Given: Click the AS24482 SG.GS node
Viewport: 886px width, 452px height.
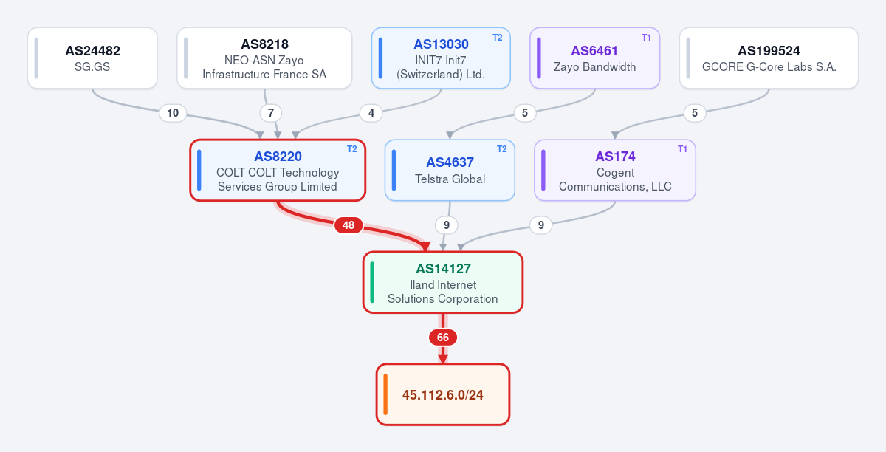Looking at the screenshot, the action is click(92, 58).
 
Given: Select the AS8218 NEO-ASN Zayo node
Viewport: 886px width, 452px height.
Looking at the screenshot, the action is click(264, 58).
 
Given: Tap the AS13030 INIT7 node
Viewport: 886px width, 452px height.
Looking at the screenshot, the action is click(441, 58).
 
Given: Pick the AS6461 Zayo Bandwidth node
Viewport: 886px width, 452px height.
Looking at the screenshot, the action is click(595, 58).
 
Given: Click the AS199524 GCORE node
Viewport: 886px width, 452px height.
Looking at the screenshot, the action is click(769, 58).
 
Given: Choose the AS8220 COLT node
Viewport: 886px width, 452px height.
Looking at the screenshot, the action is click(278, 170).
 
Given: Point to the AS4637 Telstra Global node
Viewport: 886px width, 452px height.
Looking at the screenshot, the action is click(450, 170).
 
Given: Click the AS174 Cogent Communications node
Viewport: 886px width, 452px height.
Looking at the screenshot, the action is click(615, 170).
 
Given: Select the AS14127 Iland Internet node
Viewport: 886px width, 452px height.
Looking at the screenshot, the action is click(443, 282).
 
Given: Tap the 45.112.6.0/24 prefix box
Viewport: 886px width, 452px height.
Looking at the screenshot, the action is click(443, 394).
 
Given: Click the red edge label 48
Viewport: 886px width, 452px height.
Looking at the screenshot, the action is click(348, 225).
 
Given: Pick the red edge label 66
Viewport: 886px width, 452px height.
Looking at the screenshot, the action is click(443, 338).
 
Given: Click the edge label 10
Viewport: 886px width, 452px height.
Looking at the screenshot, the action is click(173, 113).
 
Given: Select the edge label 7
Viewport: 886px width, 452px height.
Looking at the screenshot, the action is click(271, 113).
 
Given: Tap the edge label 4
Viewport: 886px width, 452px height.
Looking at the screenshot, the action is click(371, 113).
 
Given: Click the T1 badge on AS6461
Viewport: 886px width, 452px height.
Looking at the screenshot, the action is click(646, 38).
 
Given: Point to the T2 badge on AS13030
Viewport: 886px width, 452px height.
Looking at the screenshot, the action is click(497, 38).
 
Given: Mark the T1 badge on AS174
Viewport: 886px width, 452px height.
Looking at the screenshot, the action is click(682, 149).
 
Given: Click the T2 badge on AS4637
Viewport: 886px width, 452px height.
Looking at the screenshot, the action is click(501, 149).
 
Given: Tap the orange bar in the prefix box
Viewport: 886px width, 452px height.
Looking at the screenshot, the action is click(385, 394).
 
